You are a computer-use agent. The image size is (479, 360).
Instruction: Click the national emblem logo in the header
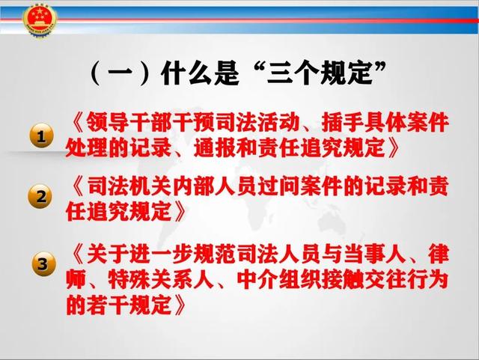pos(40,22)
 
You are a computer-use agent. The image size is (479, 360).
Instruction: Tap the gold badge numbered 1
pos(42,135)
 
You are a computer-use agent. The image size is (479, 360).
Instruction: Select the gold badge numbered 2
pos(41,196)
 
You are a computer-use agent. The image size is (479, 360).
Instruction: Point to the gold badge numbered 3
pos(44,263)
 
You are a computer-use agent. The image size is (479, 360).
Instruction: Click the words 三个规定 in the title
pos(320,73)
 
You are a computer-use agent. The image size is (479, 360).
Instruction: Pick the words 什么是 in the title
pos(200,73)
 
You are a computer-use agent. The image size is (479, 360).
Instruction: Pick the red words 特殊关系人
pos(160,279)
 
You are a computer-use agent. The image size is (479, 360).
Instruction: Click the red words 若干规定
pos(129,305)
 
